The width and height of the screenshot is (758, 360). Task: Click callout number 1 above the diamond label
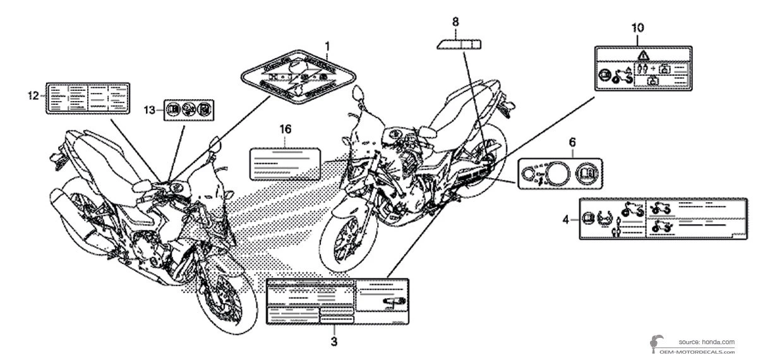pos(327,46)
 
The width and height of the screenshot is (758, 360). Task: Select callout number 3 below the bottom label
pos(334,342)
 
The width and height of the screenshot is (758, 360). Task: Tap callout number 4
pos(567,219)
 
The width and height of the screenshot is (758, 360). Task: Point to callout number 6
pos(572,143)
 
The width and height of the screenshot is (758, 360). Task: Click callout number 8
pos(455,22)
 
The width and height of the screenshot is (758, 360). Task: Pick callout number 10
pos(638,27)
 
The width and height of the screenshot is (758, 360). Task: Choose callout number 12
pos(33,95)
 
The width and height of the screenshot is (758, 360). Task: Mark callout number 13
pos(148,111)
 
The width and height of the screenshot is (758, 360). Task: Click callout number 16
pos(286,129)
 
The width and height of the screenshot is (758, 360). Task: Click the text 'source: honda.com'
pos(706,341)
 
